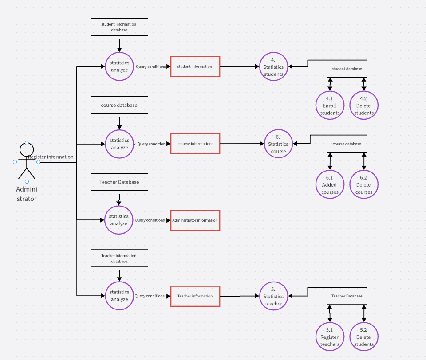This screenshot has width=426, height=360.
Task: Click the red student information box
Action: tap(195, 67)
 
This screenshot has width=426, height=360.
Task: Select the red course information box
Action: tap(195, 144)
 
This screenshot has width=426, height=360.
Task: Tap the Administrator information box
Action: tap(195, 220)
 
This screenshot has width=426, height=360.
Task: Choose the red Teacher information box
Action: tap(195, 296)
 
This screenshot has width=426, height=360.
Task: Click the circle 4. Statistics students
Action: tap(274, 67)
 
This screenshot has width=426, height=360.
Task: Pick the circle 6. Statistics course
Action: tap(278, 144)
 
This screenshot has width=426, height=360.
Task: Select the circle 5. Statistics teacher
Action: tap(274, 296)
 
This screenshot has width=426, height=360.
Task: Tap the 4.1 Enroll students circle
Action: tap(330, 106)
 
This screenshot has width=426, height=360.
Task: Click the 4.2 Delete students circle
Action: tap(364, 106)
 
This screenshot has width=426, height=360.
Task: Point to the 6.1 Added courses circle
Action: tap(330, 184)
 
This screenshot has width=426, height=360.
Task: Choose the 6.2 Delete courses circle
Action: tap(364, 184)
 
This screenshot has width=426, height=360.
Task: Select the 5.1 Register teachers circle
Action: tap(330, 337)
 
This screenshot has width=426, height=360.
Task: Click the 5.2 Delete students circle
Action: tap(364, 337)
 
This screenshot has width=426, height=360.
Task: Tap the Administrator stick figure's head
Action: tap(27, 150)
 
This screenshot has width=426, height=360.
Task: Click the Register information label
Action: tap(51, 157)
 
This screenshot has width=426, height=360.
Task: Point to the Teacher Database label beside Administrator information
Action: tap(119, 182)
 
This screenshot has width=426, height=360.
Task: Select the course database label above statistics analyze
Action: tap(119, 106)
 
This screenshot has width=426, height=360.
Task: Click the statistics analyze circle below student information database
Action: tap(119, 67)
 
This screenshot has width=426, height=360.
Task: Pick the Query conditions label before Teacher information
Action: tap(150, 296)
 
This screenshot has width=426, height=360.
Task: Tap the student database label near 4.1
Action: tap(347, 69)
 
